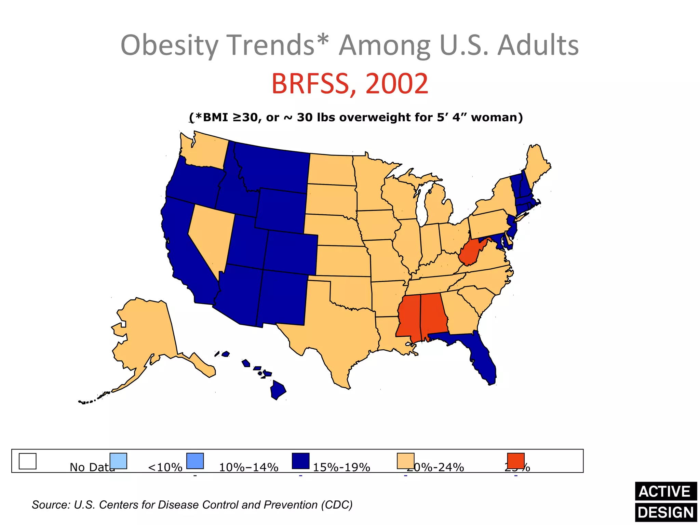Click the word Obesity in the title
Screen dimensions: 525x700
(x=170, y=45)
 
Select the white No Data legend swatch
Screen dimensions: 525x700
(x=27, y=461)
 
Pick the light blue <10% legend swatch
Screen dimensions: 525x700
(x=118, y=461)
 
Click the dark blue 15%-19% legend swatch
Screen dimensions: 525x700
(x=300, y=461)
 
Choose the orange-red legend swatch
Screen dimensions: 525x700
(x=515, y=461)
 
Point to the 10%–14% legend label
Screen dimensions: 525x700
(x=248, y=467)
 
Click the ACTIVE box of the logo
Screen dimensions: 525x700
(x=665, y=492)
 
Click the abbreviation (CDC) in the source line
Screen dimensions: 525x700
(x=337, y=505)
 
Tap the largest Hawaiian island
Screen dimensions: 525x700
(x=278, y=390)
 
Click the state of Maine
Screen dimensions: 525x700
(x=537, y=164)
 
